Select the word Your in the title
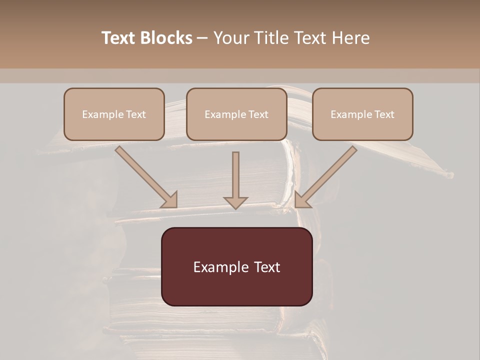pos(231,38)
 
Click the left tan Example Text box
pos(114,114)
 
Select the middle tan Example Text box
pos(236,114)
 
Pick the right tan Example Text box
pos(362,114)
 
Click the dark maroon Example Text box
pos(237,267)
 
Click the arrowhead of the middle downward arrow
pos(235,202)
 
